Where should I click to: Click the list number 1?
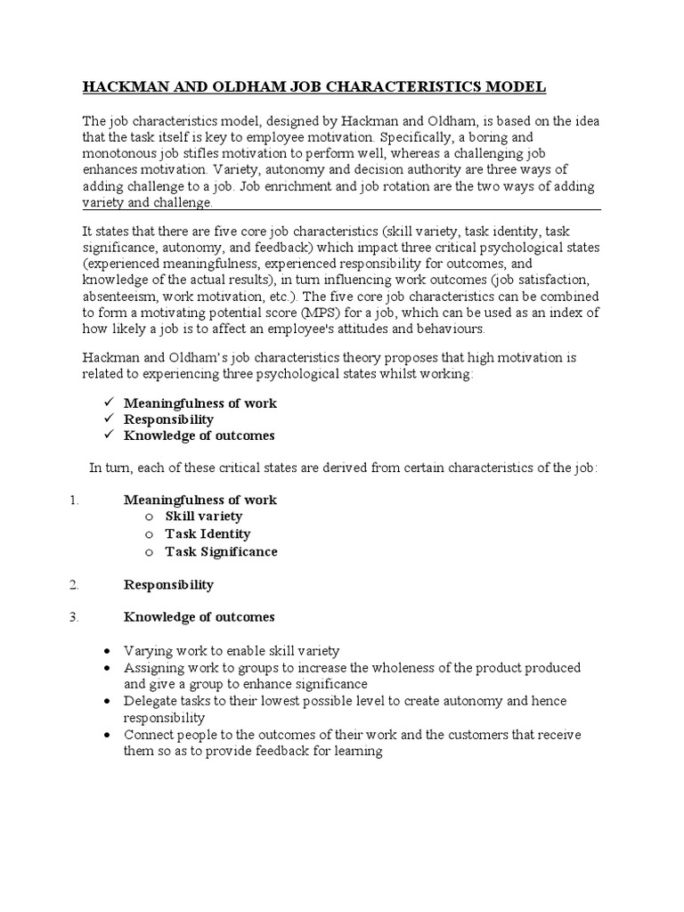(75, 500)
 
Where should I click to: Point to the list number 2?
(75, 585)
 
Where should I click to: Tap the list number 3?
(75, 616)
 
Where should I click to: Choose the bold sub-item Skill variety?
(203, 517)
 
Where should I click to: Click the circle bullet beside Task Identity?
(150, 534)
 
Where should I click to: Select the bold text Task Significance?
(221, 551)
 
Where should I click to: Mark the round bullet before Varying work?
(108, 652)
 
